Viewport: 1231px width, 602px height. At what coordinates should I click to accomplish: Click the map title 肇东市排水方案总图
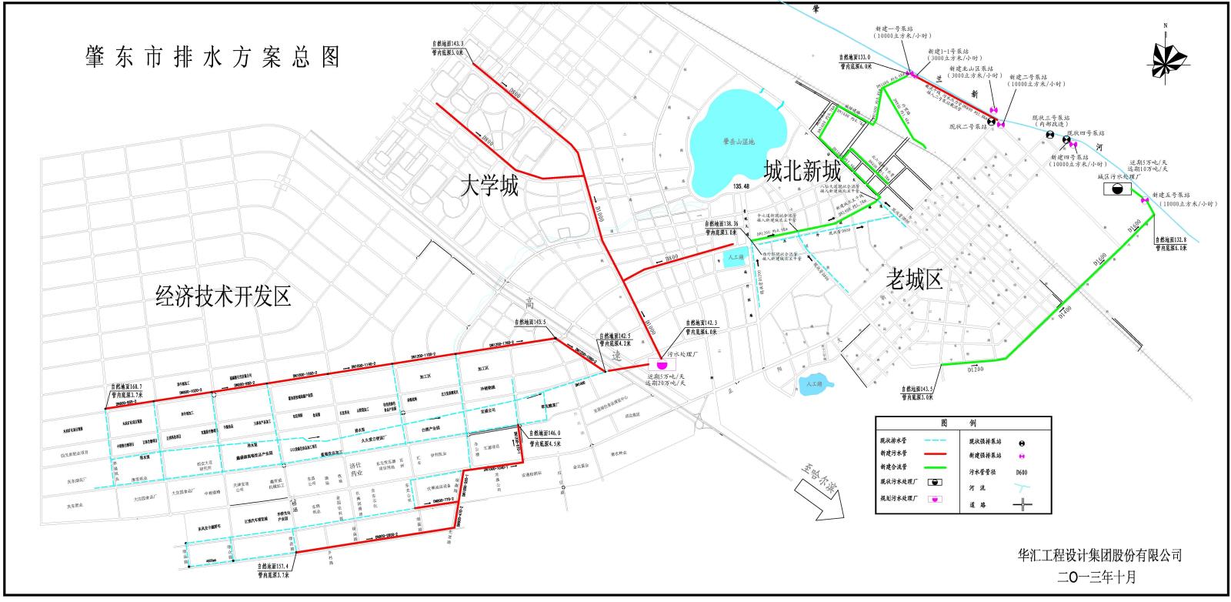213,57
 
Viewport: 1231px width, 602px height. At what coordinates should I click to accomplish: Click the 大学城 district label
489,185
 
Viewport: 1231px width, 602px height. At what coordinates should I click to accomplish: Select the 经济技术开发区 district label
223,296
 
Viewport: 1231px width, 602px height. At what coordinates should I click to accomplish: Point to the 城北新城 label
802,171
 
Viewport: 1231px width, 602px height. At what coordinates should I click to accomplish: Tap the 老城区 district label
914,279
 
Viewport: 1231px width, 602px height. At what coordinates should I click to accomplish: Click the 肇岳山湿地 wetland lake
736,142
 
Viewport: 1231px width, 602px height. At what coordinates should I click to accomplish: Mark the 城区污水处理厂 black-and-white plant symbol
1116,190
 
